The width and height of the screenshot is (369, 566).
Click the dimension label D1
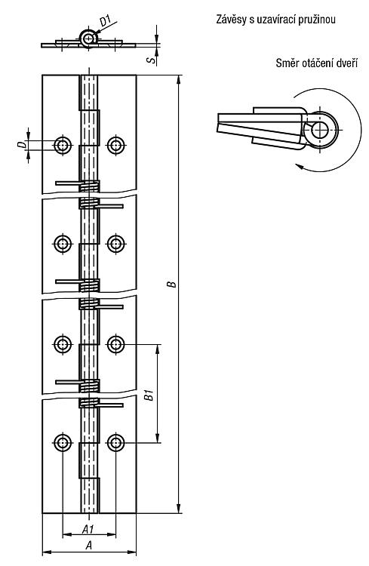pos(105,20)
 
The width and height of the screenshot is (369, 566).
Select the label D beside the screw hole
pos(22,145)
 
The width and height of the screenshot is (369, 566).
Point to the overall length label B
pos(173,284)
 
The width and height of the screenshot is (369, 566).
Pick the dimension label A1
pos(88,530)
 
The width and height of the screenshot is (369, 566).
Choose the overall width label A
pos(88,546)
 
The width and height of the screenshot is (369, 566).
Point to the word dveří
pos(347,63)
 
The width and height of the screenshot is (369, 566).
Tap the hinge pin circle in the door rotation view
pos(319,130)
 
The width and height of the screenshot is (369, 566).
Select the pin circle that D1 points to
pos(88,38)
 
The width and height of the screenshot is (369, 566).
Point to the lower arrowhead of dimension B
pos(178,509)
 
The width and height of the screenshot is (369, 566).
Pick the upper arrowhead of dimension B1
pos(158,349)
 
